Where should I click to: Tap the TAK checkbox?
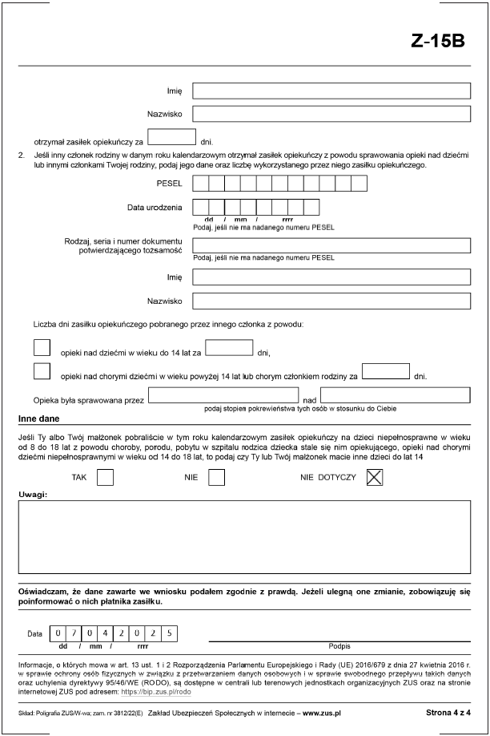(x=105, y=477)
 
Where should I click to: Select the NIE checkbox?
(x=216, y=477)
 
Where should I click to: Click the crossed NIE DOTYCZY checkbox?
(x=375, y=477)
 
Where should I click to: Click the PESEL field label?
(x=170, y=184)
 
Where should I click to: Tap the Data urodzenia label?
(x=155, y=208)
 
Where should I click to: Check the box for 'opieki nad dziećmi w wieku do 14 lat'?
(x=42, y=347)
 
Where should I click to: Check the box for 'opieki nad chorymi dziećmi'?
(x=42, y=370)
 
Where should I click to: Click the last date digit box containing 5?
(x=170, y=633)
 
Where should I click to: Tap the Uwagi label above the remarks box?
(x=32, y=495)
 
